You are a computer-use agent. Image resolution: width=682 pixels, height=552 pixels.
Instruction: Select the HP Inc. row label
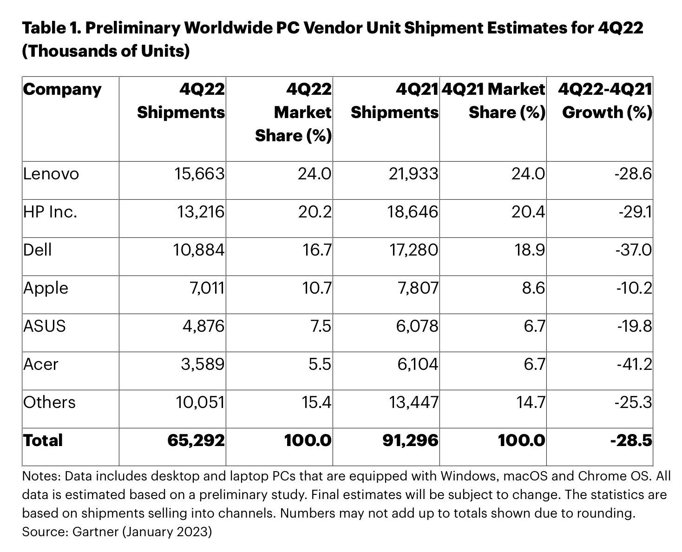click(x=50, y=212)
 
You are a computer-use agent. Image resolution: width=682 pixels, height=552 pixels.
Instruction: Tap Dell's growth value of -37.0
click(x=634, y=250)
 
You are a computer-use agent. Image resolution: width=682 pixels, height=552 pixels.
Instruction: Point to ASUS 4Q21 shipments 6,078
click(x=417, y=327)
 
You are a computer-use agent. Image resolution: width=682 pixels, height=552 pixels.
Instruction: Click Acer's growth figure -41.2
click(x=635, y=365)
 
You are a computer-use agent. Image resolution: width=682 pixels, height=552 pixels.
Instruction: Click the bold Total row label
click(x=43, y=440)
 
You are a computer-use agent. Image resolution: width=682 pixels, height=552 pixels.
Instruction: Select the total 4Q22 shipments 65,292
click(x=196, y=440)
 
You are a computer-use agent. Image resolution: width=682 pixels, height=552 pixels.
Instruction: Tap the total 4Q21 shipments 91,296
click(x=410, y=440)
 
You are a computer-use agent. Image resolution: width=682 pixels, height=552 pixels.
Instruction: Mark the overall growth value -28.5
click(x=631, y=440)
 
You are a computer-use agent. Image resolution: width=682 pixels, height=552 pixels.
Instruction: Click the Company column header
click(x=62, y=89)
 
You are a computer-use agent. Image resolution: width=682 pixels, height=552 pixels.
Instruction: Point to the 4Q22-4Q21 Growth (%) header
click(x=606, y=101)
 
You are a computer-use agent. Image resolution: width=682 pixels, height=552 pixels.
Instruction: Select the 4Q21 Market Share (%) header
click(x=493, y=101)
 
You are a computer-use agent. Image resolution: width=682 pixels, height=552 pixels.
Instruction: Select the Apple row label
click(x=46, y=289)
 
